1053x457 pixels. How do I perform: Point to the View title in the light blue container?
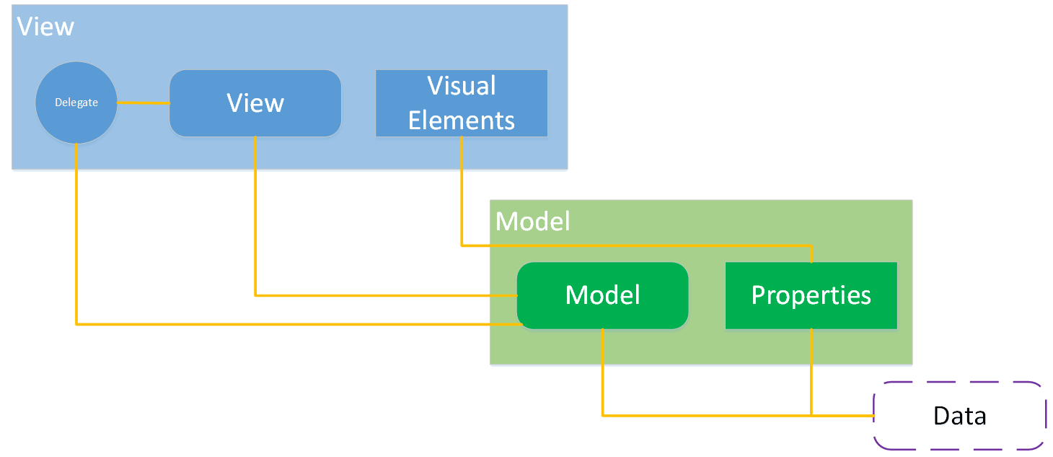click(x=45, y=27)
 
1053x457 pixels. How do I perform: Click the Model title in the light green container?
click(x=533, y=222)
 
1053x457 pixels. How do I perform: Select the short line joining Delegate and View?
click(x=143, y=103)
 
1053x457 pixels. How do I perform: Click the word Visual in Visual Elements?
click(x=462, y=86)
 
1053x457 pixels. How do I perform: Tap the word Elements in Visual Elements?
click(x=462, y=121)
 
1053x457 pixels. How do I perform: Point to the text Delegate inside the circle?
click(x=76, y=103)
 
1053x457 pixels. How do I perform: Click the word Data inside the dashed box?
click(x=959, y=417)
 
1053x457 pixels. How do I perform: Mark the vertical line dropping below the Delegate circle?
click(x=76, y=231)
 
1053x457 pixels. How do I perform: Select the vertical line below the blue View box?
click(x=255, y=217)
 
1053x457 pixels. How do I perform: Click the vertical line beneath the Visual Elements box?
click(x=462, y=191)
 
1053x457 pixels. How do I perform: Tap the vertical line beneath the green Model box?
click(x=603, y=372)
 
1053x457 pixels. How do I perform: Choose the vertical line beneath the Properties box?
click(x=812, y=372)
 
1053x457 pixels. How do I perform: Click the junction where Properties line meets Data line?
click(x=812, y=416)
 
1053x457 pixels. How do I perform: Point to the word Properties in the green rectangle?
click(x=811, y=295)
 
